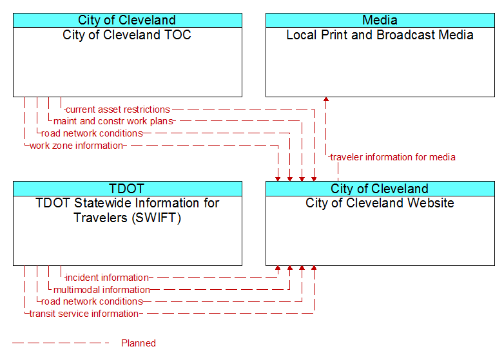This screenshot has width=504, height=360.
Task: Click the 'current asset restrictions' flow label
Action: [118, 109]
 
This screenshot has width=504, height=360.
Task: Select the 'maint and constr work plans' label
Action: [113, 121]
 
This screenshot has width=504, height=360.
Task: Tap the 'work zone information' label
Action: [76, 146]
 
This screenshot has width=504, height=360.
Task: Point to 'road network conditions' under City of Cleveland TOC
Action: [92, 133]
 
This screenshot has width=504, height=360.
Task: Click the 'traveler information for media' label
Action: [393, 157]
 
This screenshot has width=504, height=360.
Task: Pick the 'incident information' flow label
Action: [107, 278]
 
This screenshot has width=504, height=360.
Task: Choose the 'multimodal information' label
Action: [102, 290]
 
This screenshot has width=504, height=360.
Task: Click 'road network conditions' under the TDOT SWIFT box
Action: [92, 301]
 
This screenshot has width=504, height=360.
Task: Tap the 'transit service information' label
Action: [84, 314]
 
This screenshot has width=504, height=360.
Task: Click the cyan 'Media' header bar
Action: [380, 20]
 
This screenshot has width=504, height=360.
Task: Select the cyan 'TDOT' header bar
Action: [128, 189]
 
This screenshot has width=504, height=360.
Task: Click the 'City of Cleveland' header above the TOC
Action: [128, 20]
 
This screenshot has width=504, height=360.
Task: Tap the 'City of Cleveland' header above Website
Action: [380, 189]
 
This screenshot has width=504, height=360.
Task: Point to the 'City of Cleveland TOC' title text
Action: [127, 35]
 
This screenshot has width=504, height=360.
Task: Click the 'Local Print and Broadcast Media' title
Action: [380, 35]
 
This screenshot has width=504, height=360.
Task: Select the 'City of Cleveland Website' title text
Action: [380, 204]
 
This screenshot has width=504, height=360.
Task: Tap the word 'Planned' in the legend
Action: [139, 343]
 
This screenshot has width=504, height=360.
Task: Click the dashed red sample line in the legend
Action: [61, 343]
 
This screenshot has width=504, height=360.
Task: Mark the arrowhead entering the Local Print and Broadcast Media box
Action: [326, 99]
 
